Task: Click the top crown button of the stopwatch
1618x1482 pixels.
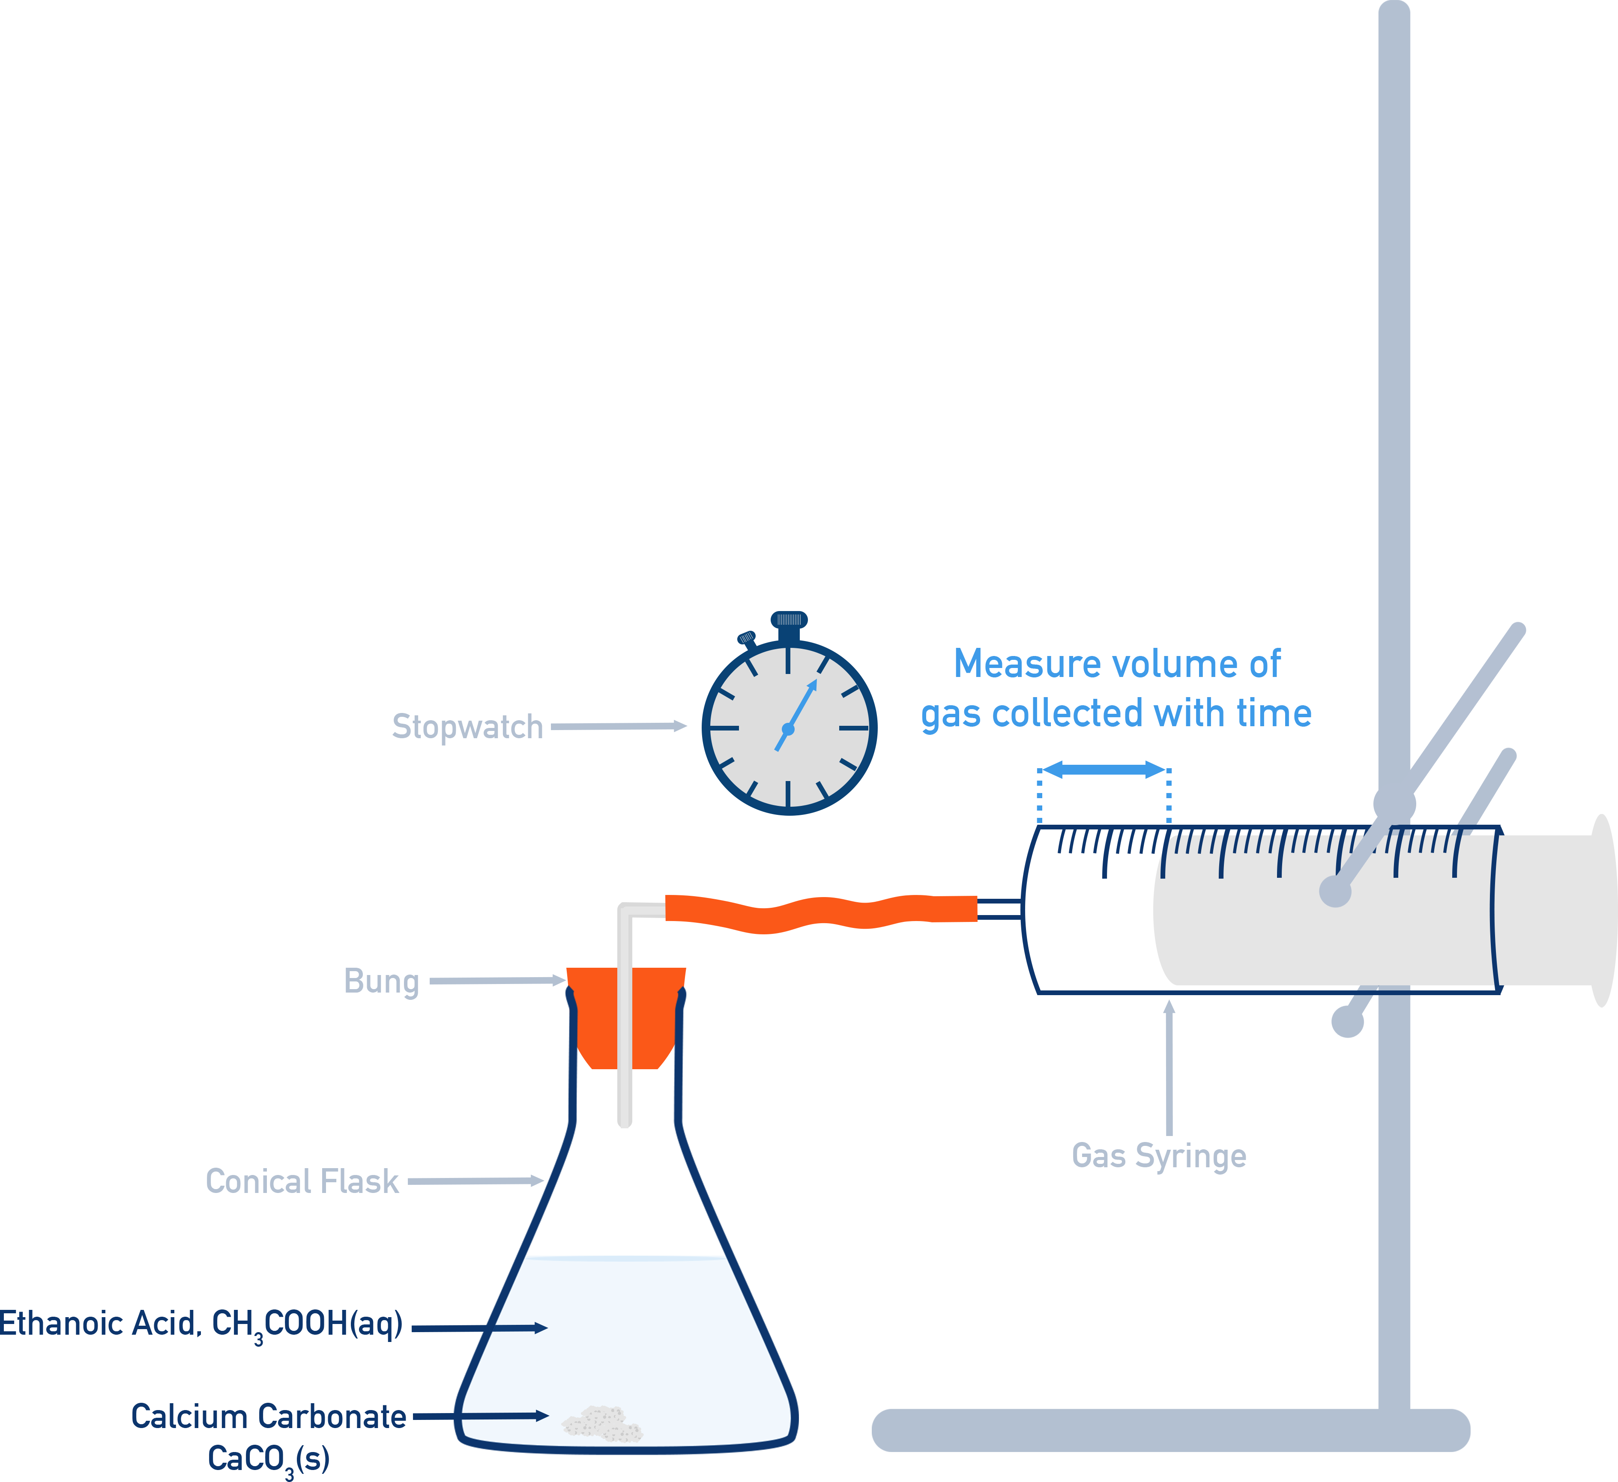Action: (x=789, y=620)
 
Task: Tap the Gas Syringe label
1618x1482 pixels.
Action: (x=1159, y=1156)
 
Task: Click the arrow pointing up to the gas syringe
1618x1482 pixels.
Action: (x=1169, y=1067)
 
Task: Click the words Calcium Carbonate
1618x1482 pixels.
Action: (x=268, y=1417)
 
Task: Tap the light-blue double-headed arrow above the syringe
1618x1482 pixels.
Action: (x=1104, y=769)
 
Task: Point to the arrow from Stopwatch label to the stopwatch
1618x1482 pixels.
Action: (x=618, y=726)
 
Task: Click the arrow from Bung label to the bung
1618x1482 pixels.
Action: (x=498, y=981)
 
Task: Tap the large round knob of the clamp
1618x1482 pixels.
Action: (x=1395, y=803)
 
